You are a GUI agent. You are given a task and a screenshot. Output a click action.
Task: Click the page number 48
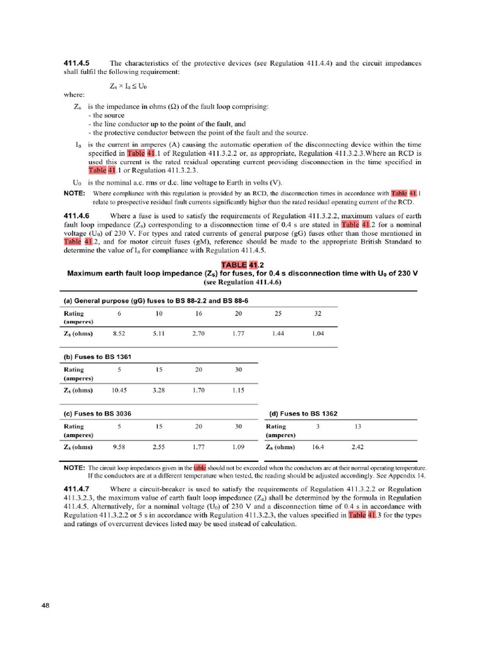pyautogui.click(x=45, y=605)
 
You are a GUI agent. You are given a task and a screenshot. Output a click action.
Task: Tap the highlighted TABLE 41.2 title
pyautogui.click(x=242, y=264)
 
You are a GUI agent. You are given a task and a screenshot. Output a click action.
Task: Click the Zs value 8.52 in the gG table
pyautogui.click(x=119, y=333)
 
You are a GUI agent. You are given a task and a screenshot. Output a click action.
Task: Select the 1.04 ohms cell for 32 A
pyautogui.click(x=318, y=333)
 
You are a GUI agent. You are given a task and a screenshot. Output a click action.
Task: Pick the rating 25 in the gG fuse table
pyautogui.click(x=278, y=313)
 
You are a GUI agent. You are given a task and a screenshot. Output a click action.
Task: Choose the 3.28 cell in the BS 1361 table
pyautogui.click(x=159, y=390)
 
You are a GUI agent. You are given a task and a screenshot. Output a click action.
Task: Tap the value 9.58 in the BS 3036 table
pyautogui.click(x=119, y=447)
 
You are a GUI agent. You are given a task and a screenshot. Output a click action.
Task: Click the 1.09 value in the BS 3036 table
pyautogui.click(x=239, y=447)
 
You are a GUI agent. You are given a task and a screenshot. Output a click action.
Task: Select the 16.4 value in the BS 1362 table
pyautogui.click(x=318, y=447)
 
